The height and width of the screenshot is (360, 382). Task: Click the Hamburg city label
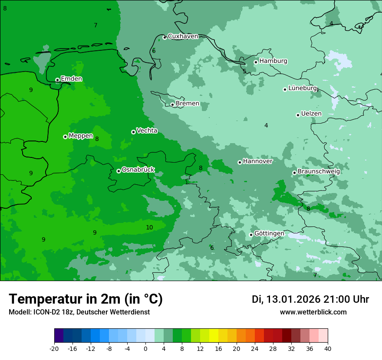click(273, 61)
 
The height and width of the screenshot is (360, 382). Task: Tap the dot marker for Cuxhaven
click(165, 37)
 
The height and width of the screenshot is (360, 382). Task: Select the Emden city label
click(71, 79)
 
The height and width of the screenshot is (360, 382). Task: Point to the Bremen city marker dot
click(172, 105)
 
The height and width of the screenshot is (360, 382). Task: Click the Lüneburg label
click(303, 88)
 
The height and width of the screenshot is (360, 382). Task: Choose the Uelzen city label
click(311, 114)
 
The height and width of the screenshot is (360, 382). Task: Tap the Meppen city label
click(81, 136)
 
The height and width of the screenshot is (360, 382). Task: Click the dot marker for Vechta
click(133, 132)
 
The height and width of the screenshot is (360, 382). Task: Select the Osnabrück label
click(138, 170)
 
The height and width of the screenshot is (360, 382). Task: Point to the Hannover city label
click(257, 161)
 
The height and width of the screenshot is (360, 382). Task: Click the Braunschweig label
click(319, 172)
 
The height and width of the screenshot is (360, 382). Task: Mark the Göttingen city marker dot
click(251, 235)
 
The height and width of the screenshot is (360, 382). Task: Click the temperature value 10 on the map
click(149, 228)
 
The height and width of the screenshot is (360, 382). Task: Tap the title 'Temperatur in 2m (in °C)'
click(86, 299)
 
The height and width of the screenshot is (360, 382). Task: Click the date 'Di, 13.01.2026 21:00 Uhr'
click(310, 300)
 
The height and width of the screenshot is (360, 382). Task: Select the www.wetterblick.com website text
click(313, 312)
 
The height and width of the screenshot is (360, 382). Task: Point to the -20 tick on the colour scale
click(54, 349)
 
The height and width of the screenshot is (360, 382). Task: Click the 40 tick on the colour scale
click(328, 349)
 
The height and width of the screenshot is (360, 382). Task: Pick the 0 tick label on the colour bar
click(145, 349)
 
